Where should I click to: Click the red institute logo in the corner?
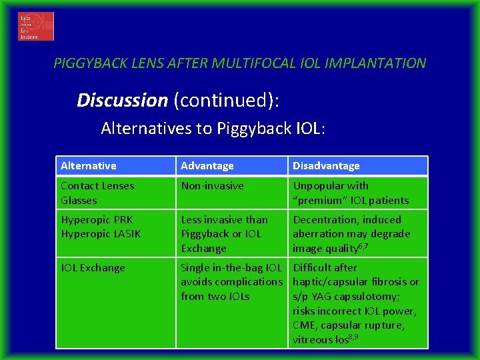pos(36,27)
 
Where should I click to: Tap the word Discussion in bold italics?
pos(122,101)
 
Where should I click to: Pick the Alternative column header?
pos(89,166)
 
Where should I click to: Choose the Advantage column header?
pos(207,166)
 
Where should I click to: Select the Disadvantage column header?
pos(326,166)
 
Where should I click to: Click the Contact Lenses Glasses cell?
pos(97,193)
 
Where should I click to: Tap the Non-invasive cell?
pos(212,186)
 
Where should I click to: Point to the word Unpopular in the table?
pos(321,186)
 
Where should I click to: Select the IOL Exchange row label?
pos(93,268)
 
